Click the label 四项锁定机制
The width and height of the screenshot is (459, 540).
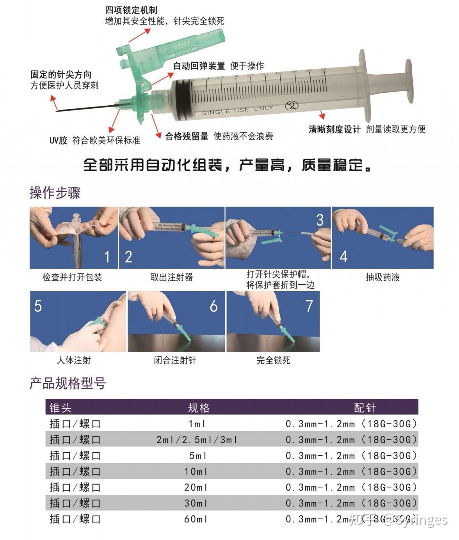click(131, 10)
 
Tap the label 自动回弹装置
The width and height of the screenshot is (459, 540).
click(199, 66)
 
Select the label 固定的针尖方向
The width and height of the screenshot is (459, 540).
click(61, 75)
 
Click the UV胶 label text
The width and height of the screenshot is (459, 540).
click(59, 140)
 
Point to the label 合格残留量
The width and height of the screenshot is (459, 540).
click(187, 136)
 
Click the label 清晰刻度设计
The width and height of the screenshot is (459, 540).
click(334, 129)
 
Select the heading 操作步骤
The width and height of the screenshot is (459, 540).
click(55, 193)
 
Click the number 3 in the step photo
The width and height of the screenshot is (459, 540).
click(320, 220)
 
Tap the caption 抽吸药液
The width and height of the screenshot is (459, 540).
click(382, 277)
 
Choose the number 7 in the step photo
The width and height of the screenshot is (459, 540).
click(309, 306)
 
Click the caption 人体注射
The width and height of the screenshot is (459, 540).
click(74, 360)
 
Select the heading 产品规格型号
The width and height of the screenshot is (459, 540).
click(68, 383)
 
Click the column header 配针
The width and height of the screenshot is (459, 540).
click(365, 408)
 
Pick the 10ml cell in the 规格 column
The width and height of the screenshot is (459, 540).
click(196, 472)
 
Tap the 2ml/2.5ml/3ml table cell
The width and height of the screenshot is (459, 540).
click(197, 440)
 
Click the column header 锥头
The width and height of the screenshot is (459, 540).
click(61, 408)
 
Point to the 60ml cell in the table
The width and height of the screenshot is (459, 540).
click(196, 519)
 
